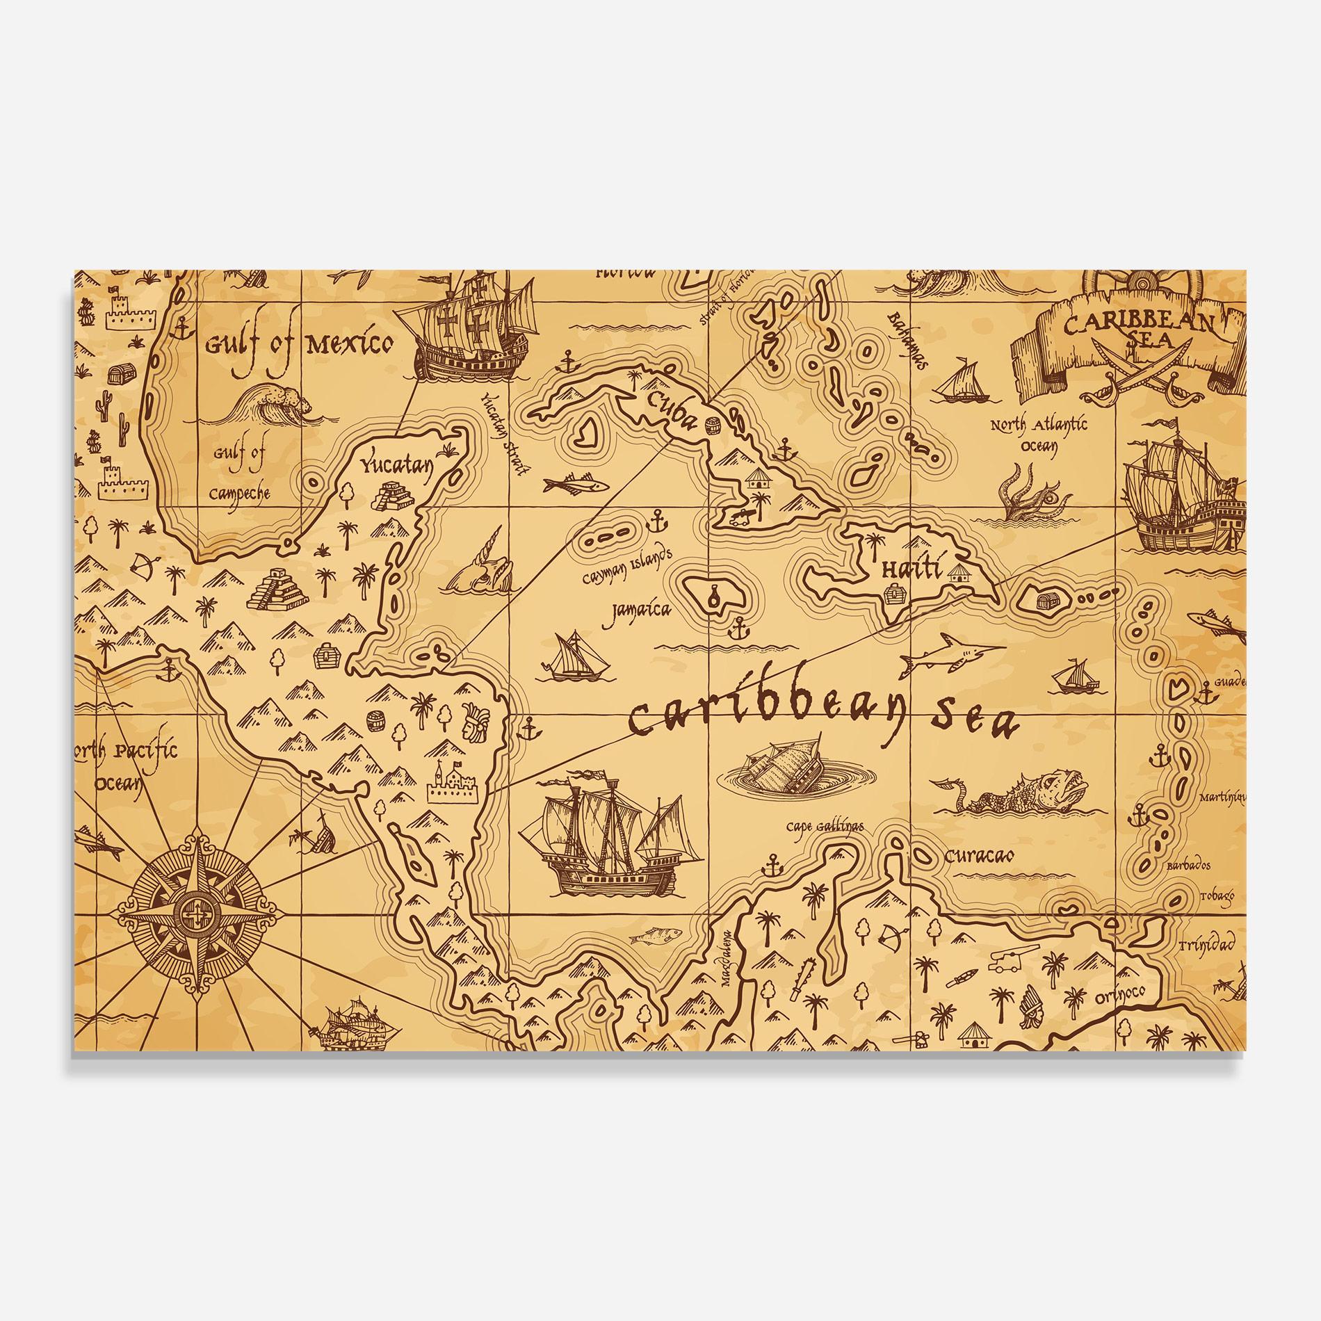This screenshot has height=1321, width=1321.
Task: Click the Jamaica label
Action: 641,610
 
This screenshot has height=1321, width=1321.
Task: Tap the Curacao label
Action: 979,855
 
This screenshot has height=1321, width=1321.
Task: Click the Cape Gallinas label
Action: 825,827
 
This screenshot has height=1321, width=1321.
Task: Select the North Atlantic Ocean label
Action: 1039,435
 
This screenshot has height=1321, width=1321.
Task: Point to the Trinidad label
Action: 1206,944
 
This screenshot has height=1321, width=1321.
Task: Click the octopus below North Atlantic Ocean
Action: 1026,494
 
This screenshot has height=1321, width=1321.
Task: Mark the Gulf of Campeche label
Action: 240,473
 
